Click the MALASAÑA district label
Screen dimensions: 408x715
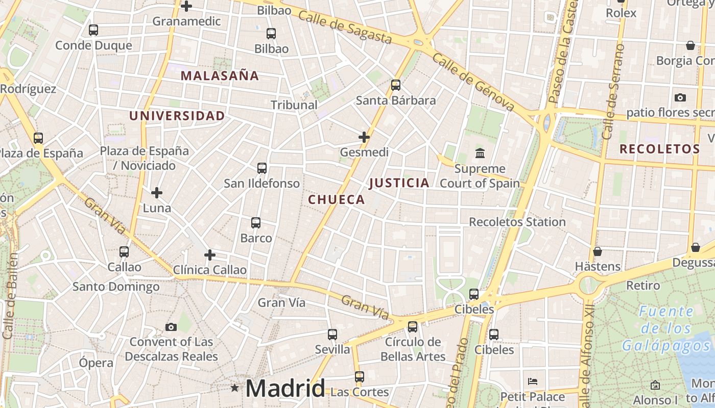coord(220,76)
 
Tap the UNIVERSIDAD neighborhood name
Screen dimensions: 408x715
coord(177,116)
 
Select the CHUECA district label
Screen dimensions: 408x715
coord(337,199)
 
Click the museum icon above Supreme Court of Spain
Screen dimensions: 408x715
coord(480,153)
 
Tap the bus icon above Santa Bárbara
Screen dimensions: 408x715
coord(396,85)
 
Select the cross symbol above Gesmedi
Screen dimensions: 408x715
coord(364,137)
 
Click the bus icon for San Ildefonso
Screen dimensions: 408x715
coord(262,168)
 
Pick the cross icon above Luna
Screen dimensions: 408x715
coord(157,193)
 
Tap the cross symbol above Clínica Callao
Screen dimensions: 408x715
coord(209,255)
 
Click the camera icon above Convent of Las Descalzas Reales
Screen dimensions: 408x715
coord(171,327)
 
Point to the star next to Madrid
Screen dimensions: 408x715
coord(234,388)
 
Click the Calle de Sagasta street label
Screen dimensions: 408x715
coord(345,28)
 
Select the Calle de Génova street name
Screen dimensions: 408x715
coord(472,82)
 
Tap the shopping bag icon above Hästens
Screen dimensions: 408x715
coord(597,251)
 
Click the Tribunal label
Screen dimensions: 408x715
coord(294,105)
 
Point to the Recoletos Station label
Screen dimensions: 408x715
coord(517,222)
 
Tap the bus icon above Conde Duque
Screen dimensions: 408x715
coord(93,30)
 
